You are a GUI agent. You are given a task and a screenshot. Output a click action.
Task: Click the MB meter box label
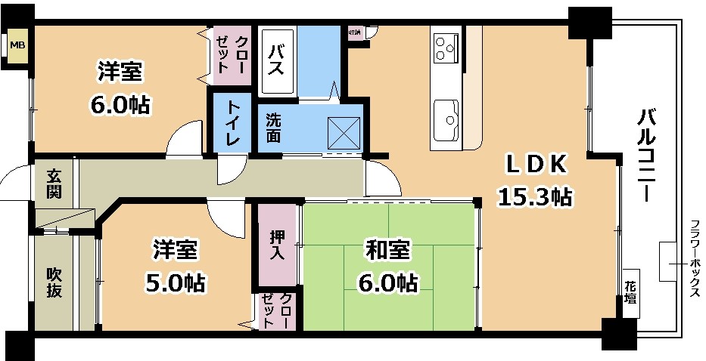coord(16,46)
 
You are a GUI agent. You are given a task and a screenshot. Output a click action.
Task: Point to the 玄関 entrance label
coord(54,184)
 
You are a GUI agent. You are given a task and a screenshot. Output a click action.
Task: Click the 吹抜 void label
coord(53,282)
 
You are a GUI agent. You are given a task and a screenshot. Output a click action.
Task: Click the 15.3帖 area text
coord(534,197)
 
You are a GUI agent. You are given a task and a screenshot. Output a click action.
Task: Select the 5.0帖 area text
coord(176,282)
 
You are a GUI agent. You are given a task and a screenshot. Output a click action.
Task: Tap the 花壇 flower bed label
coord(630,292)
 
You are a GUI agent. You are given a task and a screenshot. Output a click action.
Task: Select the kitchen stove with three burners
coord(445,49)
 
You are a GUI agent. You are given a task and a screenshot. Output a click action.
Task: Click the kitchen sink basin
coord(446,117)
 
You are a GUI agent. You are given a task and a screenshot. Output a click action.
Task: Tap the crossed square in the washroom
coord(344,134)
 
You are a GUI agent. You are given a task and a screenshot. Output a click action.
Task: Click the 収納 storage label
coord(354,32)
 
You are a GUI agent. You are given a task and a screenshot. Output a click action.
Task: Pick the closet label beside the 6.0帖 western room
coord(233,53)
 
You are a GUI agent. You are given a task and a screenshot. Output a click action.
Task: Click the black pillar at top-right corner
coord(589,23)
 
